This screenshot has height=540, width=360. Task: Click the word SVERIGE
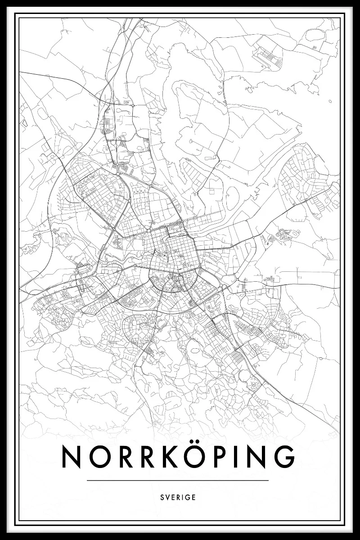(x=178, y=498)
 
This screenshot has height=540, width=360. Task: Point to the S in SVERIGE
(x=162, y=498)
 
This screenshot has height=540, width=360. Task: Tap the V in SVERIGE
(x=167, y=498)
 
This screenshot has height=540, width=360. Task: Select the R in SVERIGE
(x=178, y=498)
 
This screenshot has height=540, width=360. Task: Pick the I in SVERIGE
(x=183, y=498)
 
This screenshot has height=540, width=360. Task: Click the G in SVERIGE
(x=188, y=498)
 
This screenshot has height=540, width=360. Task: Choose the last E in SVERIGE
(x=194, y=498)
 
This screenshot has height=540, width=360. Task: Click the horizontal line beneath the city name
(x=178, y=481)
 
